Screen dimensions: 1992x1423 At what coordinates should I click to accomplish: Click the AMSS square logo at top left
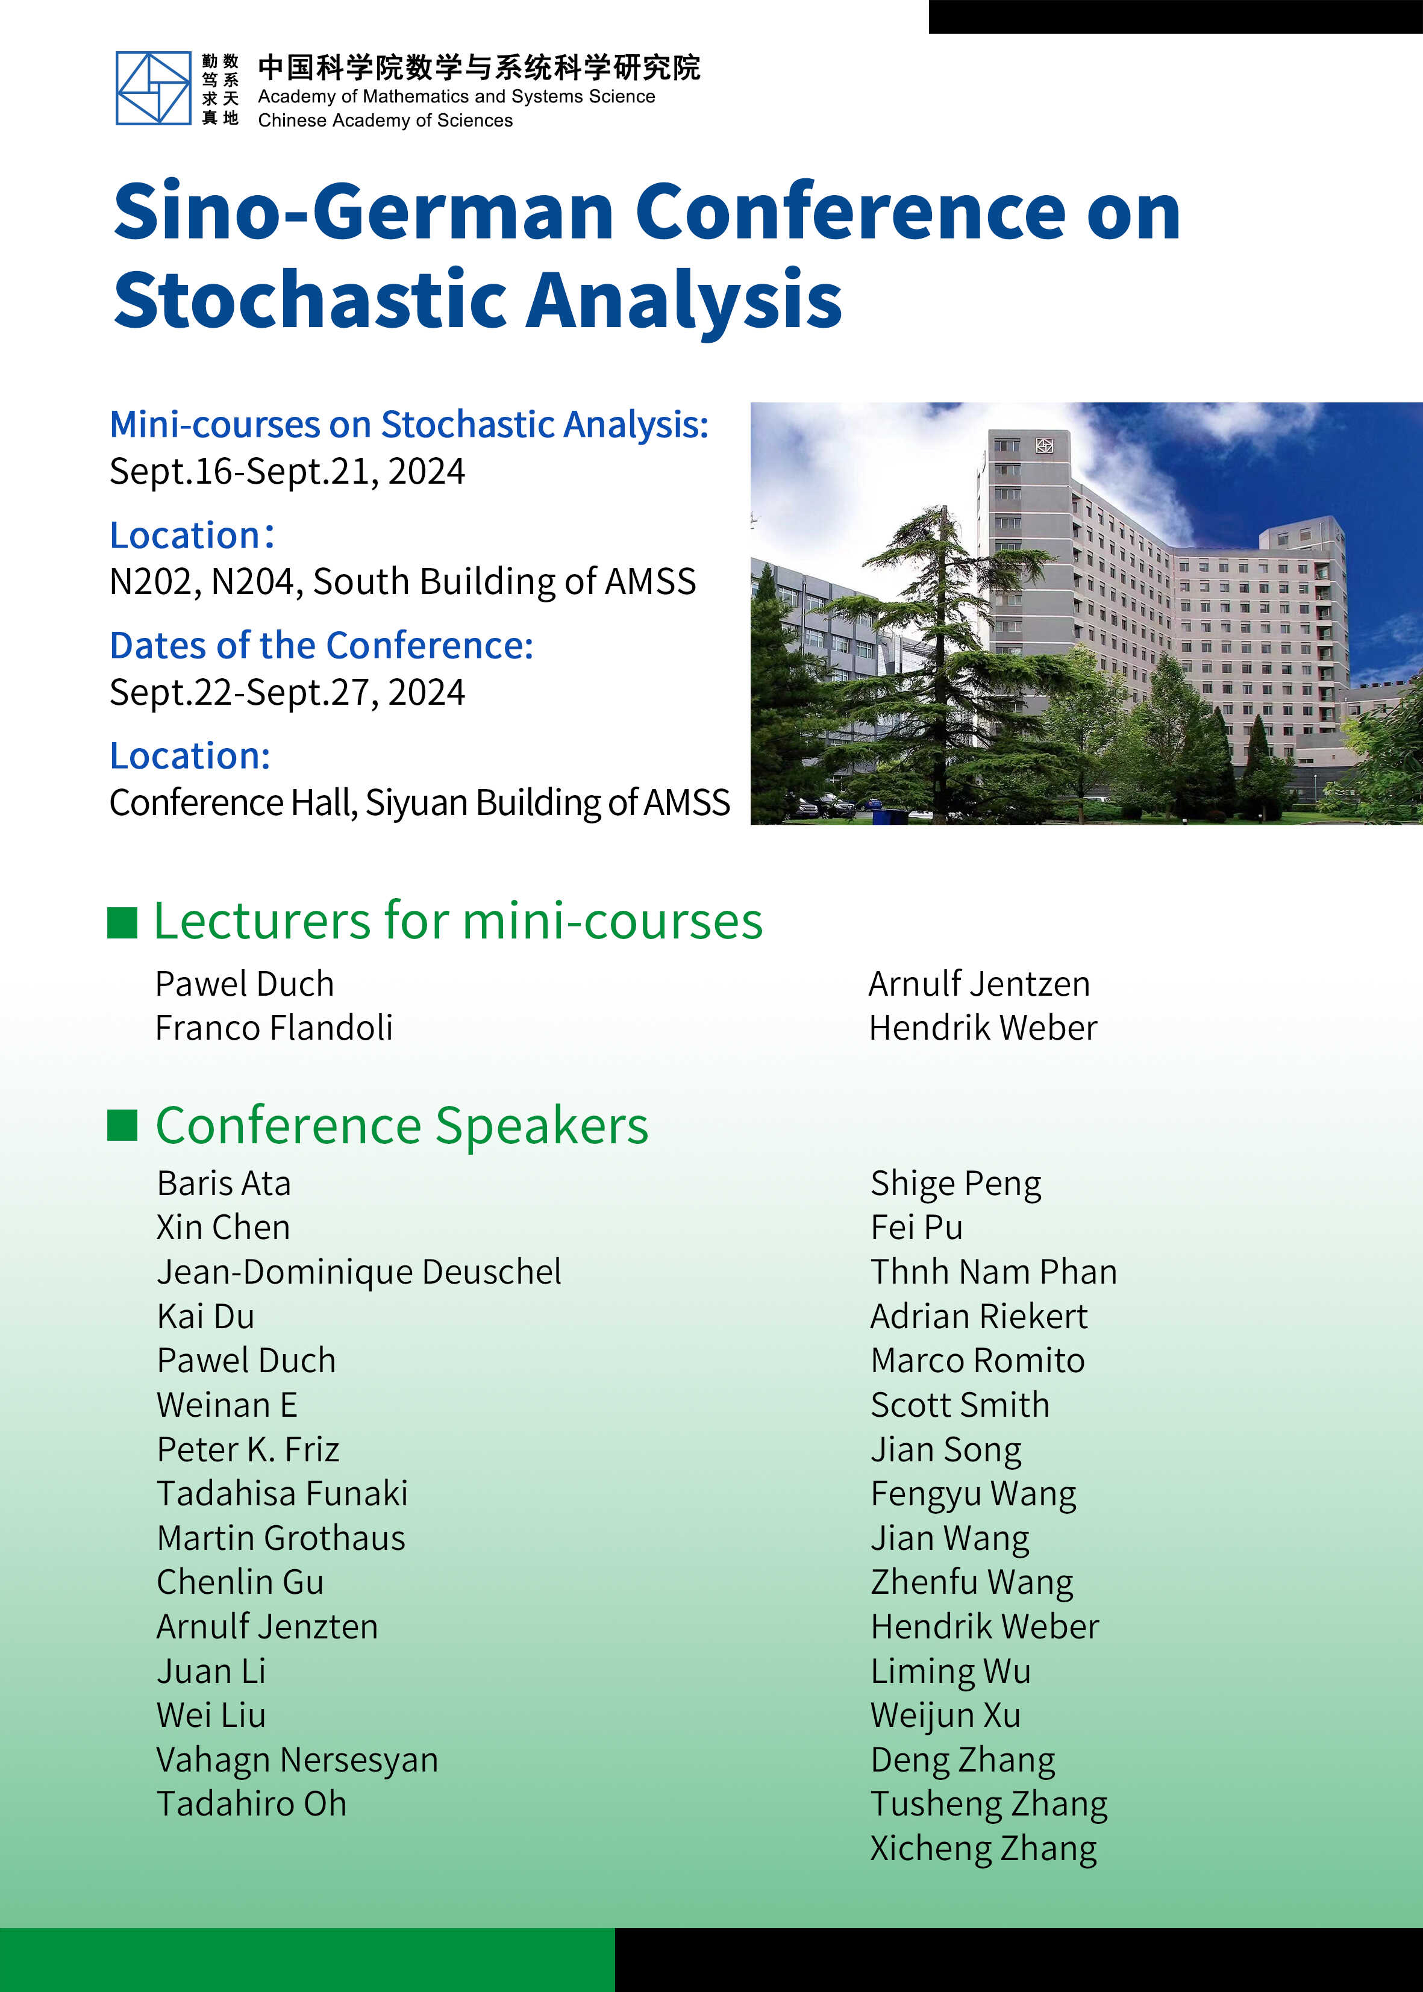tap(154, 87)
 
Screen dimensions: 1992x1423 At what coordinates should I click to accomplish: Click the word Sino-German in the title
tap(364, 212)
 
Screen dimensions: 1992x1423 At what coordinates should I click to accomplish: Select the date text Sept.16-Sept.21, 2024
tap(287, 471)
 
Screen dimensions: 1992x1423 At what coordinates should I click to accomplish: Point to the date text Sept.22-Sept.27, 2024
tap(287, 692)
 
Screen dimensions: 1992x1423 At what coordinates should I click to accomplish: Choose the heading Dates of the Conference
tap(321, 646)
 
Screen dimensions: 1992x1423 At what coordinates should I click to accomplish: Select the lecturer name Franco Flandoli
tap(274, 1028)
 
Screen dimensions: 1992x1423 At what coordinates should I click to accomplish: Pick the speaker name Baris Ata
tap(224, 1184)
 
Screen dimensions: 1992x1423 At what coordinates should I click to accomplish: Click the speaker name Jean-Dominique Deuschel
tap(359, 1272)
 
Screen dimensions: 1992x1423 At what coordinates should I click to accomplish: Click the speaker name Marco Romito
tap(978, 1360)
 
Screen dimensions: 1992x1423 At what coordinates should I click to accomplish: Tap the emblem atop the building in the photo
tap(1043, 446)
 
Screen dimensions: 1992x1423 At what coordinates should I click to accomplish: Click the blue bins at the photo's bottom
tap(889, 816)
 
